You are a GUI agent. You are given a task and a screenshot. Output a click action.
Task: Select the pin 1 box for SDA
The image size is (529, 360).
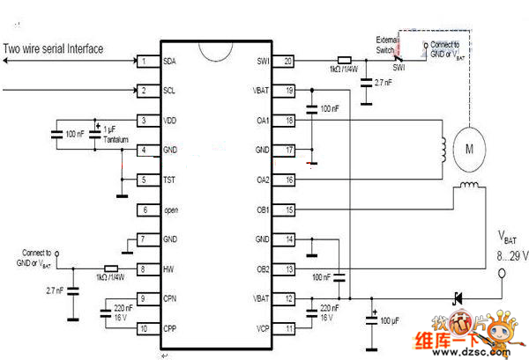coord(143,62)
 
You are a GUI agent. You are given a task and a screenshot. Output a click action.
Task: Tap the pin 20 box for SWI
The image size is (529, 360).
coord(287,62)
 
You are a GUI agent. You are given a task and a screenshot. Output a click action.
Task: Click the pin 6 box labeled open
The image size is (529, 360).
coord(143,209)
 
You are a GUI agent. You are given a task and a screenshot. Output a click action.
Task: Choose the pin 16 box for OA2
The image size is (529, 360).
coord(287,180)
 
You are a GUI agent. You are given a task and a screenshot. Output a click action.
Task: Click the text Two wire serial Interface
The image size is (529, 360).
coord(52,49)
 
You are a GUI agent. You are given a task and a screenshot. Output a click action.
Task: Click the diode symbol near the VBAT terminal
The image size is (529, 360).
coord(458,298)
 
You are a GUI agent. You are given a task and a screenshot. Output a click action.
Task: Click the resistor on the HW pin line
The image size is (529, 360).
coord(110,268)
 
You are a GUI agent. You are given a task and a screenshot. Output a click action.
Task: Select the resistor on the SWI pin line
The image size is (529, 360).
coord(345,61)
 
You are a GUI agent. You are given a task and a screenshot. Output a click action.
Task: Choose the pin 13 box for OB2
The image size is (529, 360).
coord(287,268)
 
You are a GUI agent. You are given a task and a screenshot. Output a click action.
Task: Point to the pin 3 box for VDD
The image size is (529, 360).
coord(143,121)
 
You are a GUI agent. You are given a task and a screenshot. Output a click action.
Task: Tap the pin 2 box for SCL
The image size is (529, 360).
coord(143,91)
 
